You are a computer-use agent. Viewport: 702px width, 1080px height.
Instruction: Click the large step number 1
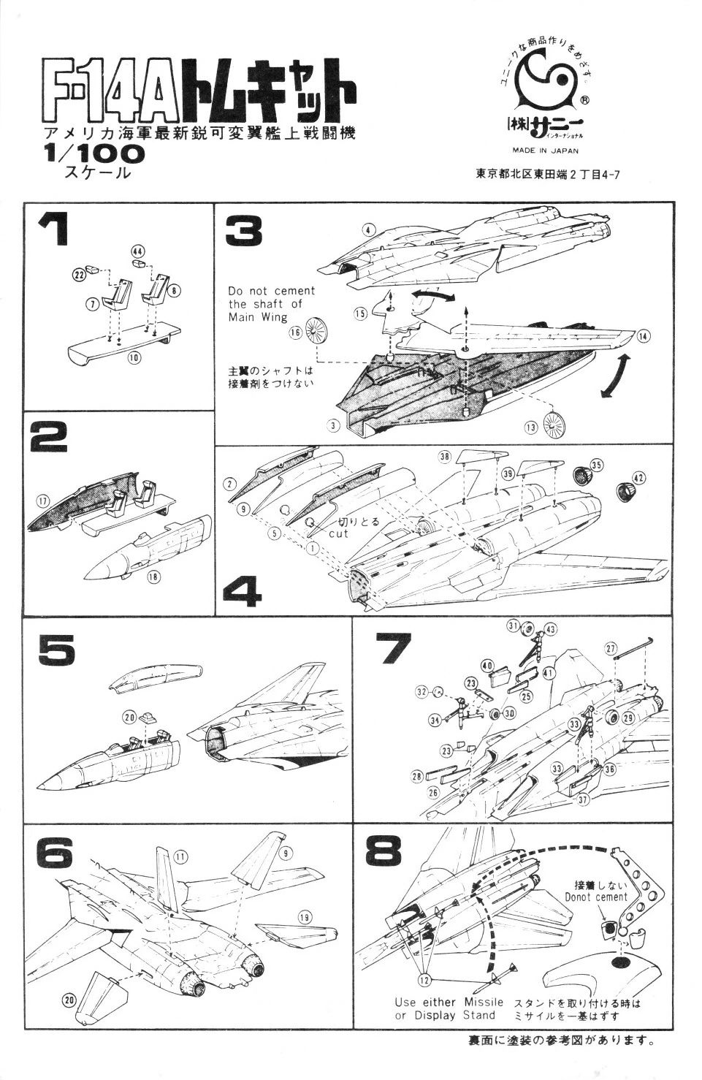(x=53, y=229)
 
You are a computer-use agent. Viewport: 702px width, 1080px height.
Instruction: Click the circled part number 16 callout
(x=295, y=332)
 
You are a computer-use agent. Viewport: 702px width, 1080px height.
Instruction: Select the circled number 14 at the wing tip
(x=643, y=337)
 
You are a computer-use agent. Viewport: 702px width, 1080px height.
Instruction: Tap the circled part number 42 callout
(x=638, y=477)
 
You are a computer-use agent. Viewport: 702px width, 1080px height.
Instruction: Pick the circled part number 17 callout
(x=44, y=501)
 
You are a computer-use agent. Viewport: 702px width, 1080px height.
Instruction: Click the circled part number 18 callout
(x=153, y=577)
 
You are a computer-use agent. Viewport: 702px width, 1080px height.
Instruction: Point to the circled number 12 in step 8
(x=424, y=977)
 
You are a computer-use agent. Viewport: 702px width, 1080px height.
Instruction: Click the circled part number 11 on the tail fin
(x=180, y=856)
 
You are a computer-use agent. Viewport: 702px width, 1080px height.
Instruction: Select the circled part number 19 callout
(x=305, y=916)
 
